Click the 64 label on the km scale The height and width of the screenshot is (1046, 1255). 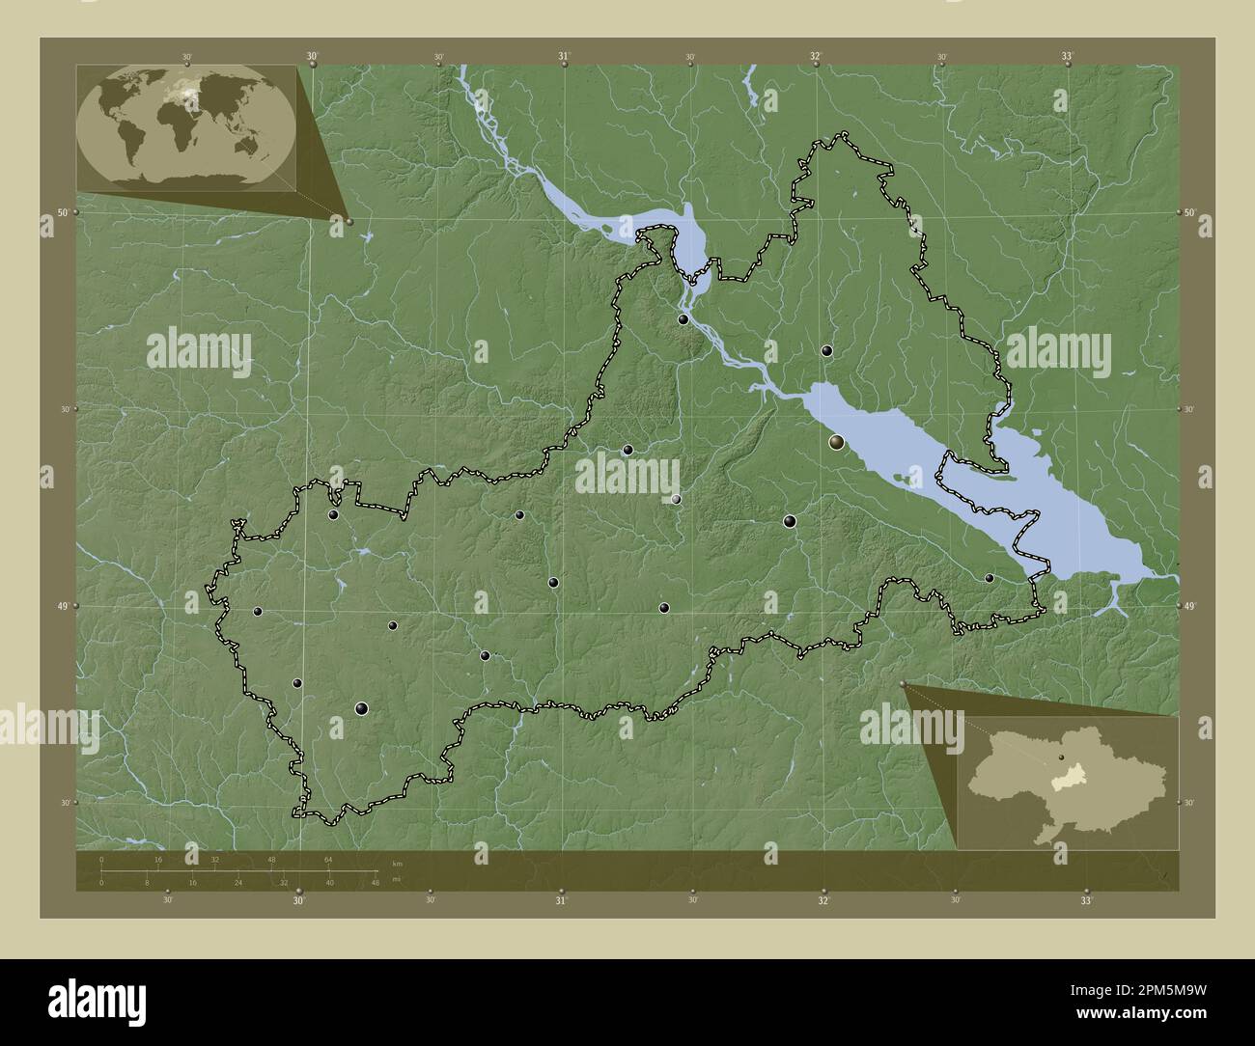coord(328,859)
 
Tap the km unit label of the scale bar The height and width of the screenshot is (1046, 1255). coord(397,862)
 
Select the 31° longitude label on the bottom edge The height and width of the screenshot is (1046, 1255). coord(561,901)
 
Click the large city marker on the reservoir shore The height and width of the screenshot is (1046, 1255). coord(836,442)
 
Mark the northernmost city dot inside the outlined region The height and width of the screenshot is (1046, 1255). coord(683,319)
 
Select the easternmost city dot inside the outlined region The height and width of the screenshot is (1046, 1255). coord(989,578)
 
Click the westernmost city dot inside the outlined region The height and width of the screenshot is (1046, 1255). coord(257,611)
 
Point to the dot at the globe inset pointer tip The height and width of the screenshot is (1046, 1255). coord(349,221)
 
